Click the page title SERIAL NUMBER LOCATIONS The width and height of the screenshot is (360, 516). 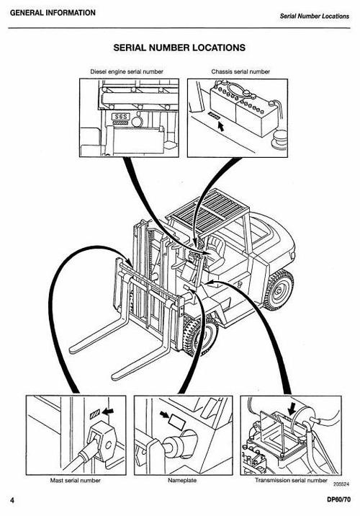coord(180,48)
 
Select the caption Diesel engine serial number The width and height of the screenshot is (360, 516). coord(126,72)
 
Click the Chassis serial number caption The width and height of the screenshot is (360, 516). coord(240,72)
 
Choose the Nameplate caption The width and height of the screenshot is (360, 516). coord(182,479)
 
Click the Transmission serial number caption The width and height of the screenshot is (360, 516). coord(286,479)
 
